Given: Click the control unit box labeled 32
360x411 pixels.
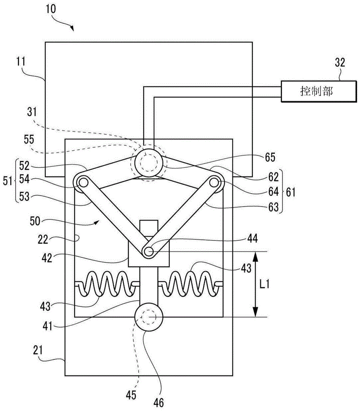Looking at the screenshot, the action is tap(319, 91).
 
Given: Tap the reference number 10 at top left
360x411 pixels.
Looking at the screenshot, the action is tap(51, 9).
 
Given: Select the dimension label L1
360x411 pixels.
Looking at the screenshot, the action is tap(264, 284).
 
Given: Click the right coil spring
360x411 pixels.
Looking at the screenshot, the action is tap(192, 284).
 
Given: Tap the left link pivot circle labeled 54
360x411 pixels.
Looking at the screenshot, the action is tap(83, 182).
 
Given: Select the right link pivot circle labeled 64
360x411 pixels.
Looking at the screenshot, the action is tap(214, 182).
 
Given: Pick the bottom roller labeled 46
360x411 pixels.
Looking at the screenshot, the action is tap(149, 317).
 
